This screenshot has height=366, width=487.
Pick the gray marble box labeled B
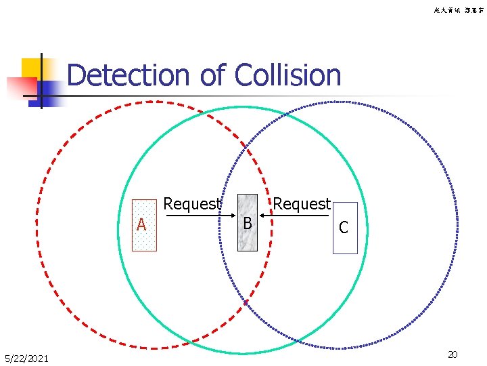coord(248,222)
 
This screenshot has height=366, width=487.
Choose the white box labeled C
coord(344,228)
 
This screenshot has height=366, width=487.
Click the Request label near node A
coord(192,204)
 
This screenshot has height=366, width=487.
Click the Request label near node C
coord(302,203)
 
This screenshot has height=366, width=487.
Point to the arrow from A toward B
coord(197,216)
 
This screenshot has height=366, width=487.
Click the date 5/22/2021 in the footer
coord(26,358)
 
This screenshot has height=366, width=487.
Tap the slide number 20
coord(453,355)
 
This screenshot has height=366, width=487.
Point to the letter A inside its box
coord(141,225)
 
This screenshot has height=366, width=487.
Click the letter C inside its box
coord(344,228)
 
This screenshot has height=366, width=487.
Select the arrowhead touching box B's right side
coord(263,216)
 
